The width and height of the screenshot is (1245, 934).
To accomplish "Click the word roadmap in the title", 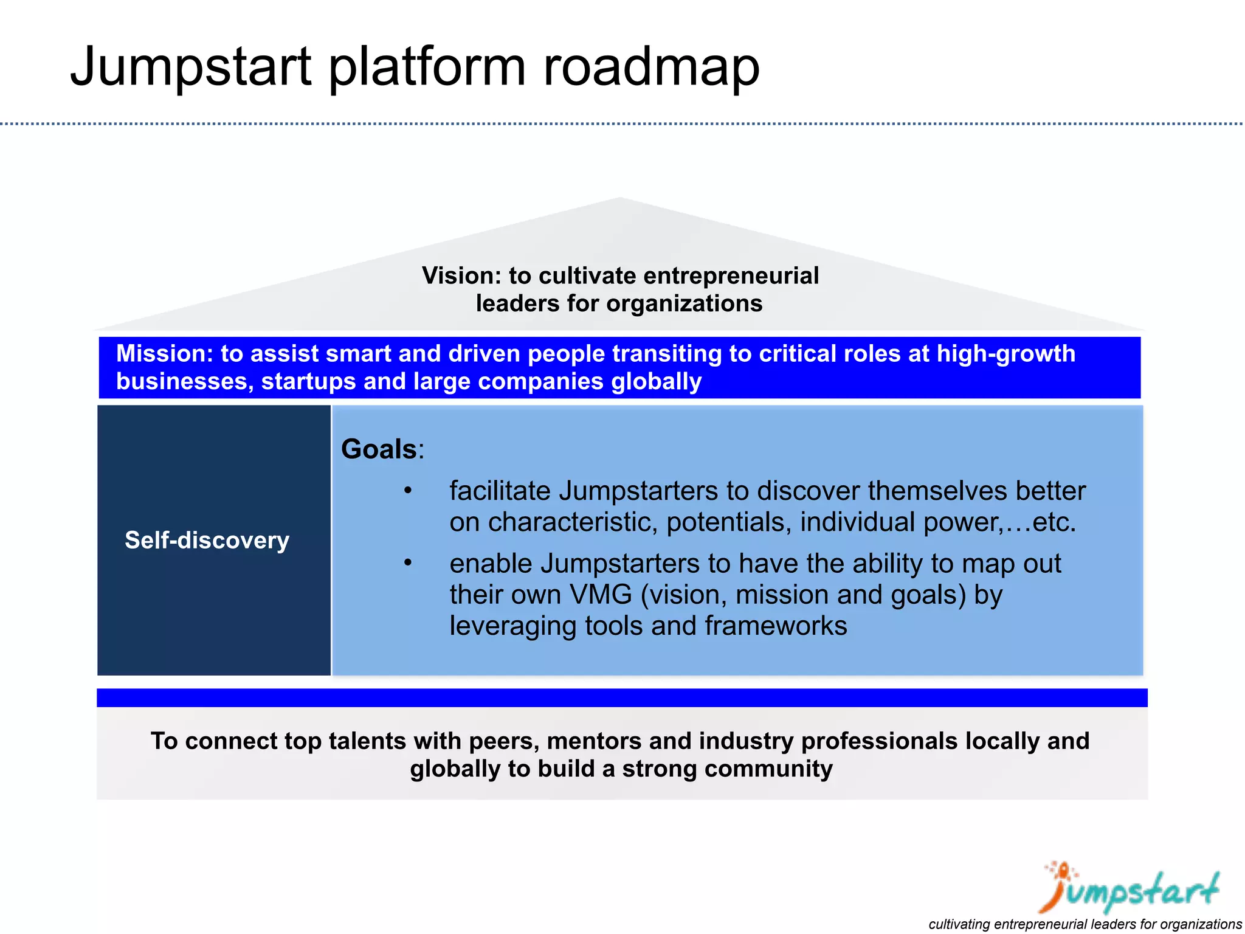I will point(650,67).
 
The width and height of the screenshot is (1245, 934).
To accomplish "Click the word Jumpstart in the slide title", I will point(191,67).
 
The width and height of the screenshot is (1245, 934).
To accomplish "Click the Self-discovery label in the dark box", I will point(207,540).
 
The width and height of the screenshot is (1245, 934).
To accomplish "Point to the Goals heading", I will point(379,449).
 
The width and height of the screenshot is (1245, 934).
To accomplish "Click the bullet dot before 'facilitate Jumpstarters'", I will point(408,490).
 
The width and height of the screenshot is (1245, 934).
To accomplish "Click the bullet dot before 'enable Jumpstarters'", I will point(408,562).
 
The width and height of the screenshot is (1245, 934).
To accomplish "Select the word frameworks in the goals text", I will point(776,626).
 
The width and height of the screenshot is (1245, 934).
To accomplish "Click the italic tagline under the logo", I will point(1085,924).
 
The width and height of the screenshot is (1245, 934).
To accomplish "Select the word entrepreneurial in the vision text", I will point(731,275).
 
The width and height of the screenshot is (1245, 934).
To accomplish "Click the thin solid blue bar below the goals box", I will point(621,697).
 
